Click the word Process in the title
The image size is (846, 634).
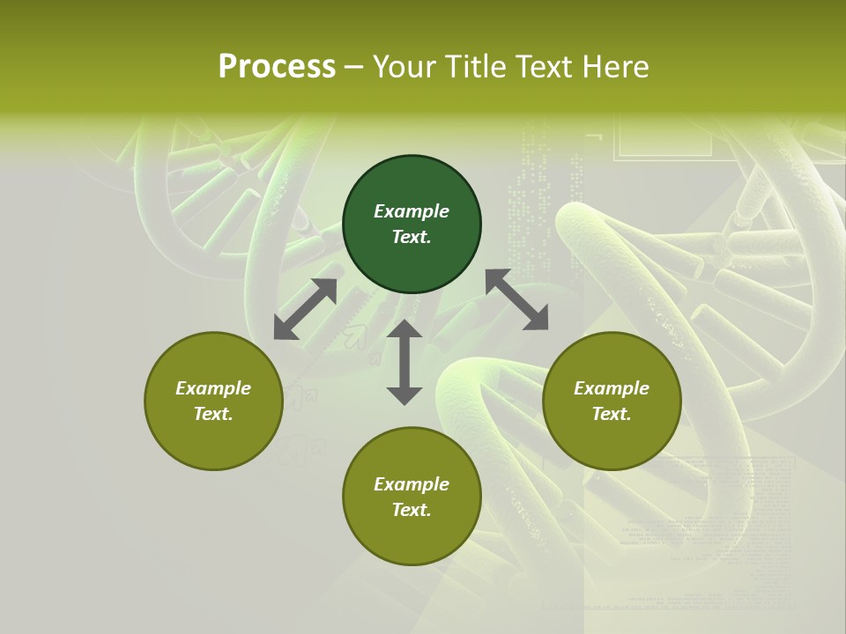click(277, 67)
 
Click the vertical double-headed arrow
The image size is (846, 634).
click(404, 362)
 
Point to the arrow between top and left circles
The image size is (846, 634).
click(305, 309)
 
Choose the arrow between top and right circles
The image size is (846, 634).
click(516, 299)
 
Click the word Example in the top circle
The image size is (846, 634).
click(412, 211)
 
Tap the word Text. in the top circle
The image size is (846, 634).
click(412, 237)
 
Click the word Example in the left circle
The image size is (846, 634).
click(213, 388)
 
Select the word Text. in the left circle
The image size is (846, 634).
click(213, 414)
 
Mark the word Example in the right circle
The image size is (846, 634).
click(612, 388)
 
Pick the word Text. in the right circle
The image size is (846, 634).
click(612, 414)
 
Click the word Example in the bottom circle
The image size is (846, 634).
click(412, 484)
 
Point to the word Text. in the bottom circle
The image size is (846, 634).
click(412, 510)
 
